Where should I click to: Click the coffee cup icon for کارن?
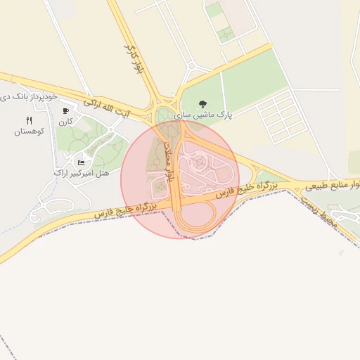click(65, 111)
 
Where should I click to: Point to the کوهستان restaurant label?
click(29, 131)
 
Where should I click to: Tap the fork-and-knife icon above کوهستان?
click(29, 120)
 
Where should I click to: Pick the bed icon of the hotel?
click(81, 162)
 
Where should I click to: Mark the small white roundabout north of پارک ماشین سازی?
click(191, 67)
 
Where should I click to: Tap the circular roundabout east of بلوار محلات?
click(200, 163)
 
